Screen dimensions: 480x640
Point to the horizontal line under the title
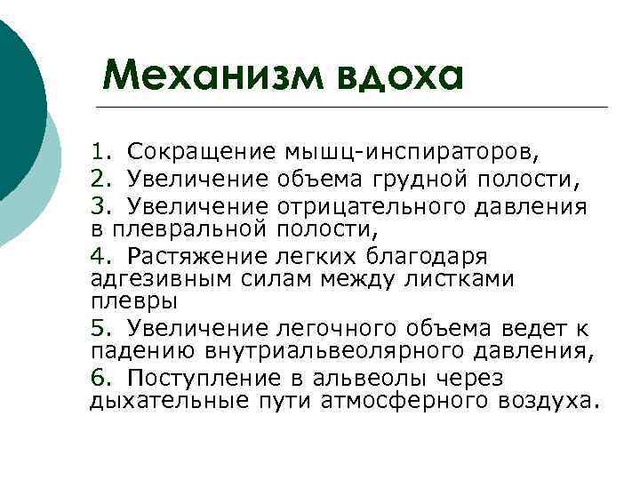[356, 108]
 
